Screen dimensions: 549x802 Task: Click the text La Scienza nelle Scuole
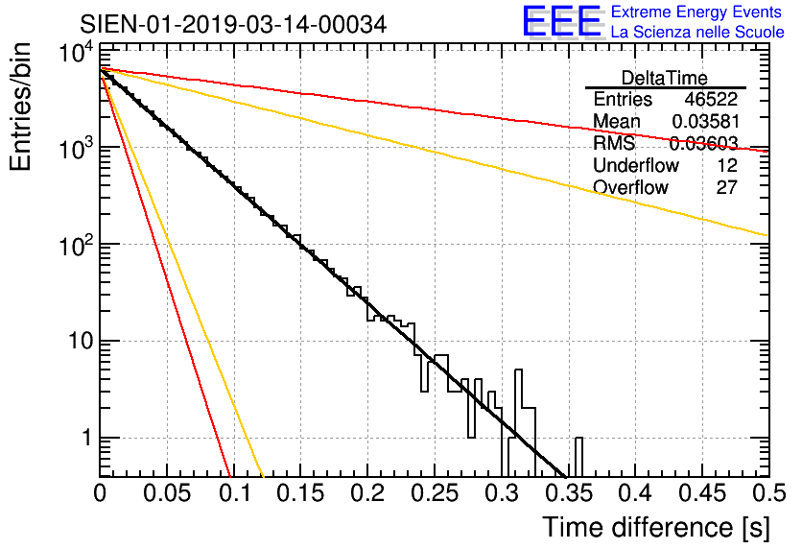click(697, 33)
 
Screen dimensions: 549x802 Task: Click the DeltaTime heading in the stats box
click(665, 78)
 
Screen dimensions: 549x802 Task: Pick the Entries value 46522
click(711, 100)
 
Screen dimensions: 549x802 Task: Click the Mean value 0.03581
click(704, 122)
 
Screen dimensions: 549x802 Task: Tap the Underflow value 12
click(726, 166)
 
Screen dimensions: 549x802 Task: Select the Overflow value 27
click(726, 187)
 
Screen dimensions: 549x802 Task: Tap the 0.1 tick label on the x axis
click(233, 492)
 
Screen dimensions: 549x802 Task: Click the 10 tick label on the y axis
click(74, 342)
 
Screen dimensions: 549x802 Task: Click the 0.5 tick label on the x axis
click(766, 492)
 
